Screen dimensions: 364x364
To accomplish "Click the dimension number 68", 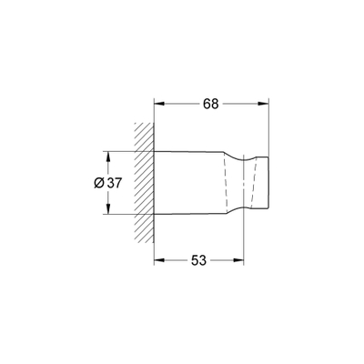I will click(x=210, y=104).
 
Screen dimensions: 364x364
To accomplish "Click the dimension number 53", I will click(x=199, y=261).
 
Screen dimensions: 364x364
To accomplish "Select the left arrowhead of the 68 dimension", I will click(x=157, y=104).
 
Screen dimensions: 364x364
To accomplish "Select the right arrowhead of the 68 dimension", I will click(x=268, y=104).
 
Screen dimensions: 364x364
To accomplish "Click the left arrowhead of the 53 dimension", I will click(x=157, y=261).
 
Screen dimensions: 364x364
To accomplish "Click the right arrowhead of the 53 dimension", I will click(x=240, y=261).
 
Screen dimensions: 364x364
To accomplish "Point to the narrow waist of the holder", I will click(x=244, y=182).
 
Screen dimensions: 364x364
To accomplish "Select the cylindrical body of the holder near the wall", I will click(x=187, y=182).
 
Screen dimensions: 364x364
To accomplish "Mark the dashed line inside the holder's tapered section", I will click(x=219, y=182).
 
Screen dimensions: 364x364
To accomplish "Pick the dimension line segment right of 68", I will click(x=246, y=104).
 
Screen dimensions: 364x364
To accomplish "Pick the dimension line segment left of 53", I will click(x=173, y=261).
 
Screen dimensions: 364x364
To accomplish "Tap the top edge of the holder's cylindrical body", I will click(x=187, y=151).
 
